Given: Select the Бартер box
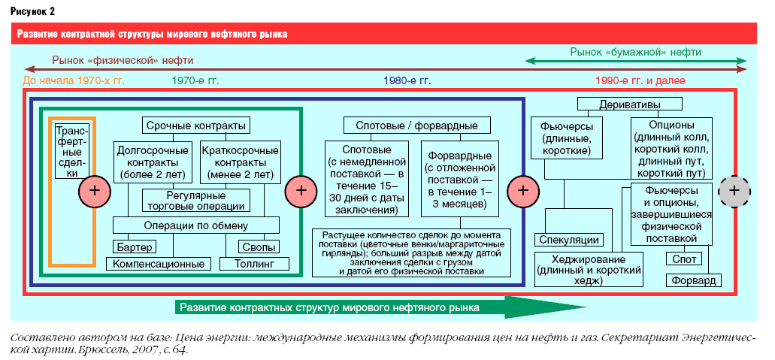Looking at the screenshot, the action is (135, 247).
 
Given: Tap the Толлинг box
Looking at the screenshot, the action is (254, 263).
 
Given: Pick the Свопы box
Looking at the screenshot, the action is (259, 247).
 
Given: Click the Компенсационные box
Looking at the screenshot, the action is (158, 263).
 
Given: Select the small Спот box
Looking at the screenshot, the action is (684, 259).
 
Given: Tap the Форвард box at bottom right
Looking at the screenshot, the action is (694, 280).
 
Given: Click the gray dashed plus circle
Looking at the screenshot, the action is (734, 190).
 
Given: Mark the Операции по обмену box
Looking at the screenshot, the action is (195, 225).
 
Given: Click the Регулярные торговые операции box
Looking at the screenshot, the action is (195, 200).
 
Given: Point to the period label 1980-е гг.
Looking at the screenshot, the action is (407, 80).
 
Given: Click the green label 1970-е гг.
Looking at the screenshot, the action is (195, 80).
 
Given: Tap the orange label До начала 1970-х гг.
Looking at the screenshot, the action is (74, 80).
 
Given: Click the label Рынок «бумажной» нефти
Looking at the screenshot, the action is (636, 51).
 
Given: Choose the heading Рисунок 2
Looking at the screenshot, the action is (32, 12).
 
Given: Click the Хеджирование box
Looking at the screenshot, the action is (589, 270).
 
